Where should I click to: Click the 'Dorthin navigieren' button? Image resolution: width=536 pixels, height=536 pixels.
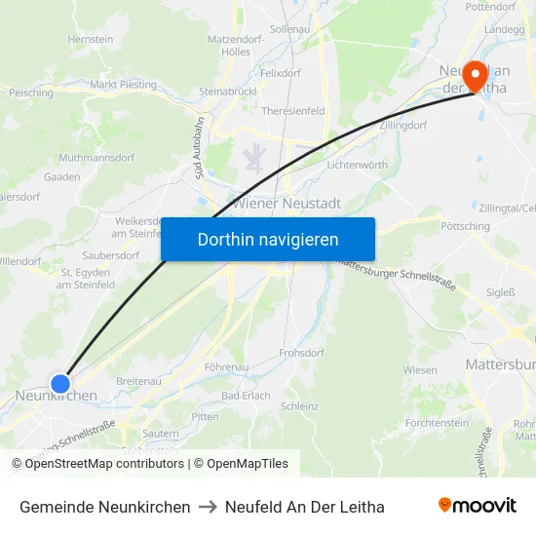coord(268,239)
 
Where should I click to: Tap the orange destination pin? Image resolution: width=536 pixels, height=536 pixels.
coord(476,75)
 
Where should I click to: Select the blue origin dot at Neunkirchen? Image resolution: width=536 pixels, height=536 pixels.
coord(60,384)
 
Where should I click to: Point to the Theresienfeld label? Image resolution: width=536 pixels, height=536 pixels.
coord(292,111)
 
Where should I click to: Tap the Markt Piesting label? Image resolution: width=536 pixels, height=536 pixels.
coord(123,85)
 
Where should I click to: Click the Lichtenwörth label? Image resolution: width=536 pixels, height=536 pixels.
coord(357,165)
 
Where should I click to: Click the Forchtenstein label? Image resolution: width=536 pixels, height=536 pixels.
coord(437,423)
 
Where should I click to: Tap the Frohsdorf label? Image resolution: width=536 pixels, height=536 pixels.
coord(301,353)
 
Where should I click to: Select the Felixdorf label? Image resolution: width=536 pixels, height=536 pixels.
coord(280,73)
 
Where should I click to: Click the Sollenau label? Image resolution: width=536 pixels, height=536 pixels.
coord(288,30)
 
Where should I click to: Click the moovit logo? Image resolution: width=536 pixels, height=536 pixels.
coord(478,506)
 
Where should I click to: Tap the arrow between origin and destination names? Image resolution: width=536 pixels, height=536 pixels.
coord(208,507)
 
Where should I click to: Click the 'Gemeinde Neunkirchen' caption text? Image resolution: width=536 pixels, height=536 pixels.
coord(104,507)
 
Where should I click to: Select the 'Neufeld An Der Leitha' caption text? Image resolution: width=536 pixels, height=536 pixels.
coord(304,507)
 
